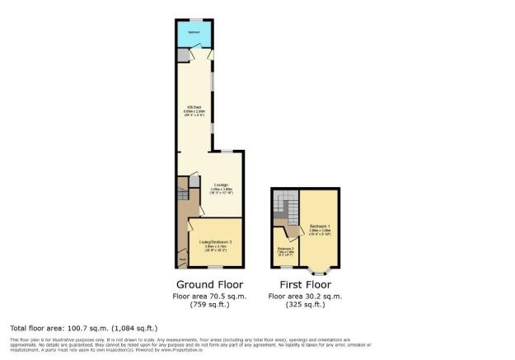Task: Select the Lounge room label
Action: [222, 184]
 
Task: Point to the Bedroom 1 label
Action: [319, 227]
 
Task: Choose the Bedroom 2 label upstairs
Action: [285, 249]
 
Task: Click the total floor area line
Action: [83, 328]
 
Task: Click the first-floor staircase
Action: [285, 205]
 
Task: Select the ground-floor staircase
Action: [183, 197]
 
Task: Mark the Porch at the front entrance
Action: [183, 260]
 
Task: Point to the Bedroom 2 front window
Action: [286, 267]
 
